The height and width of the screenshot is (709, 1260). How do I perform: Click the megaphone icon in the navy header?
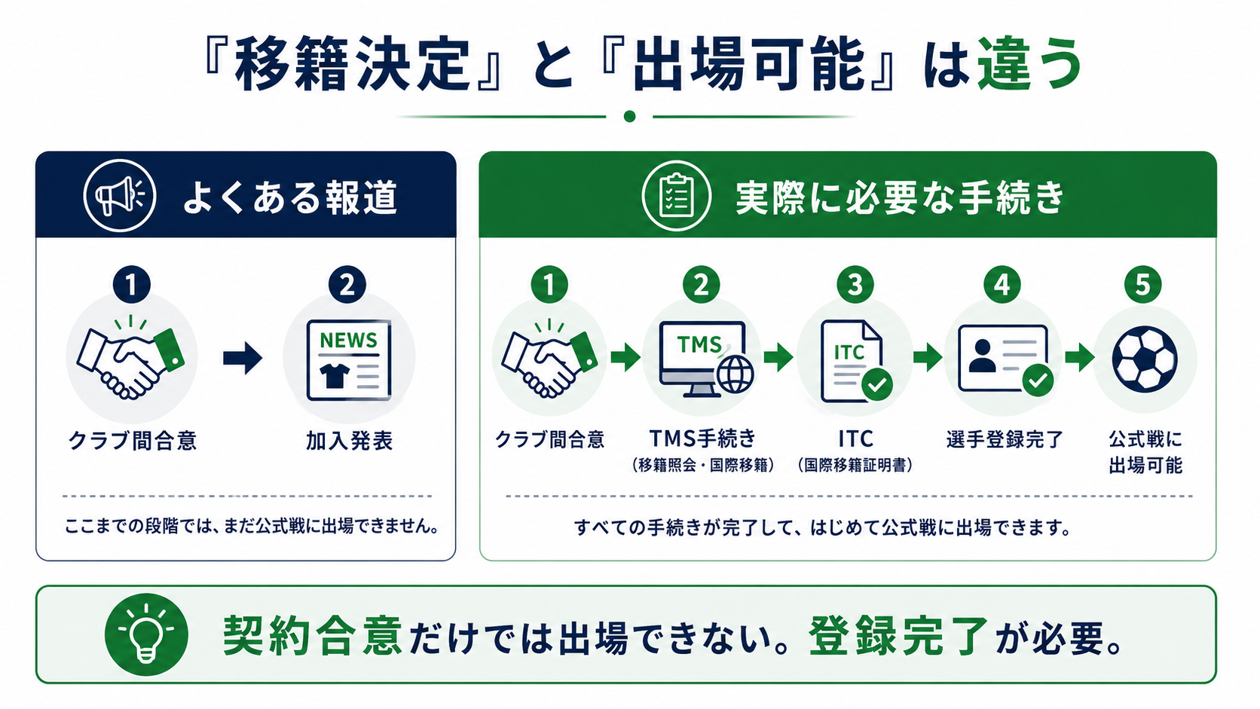[120, 196]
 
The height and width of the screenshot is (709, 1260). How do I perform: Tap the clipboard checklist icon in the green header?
[676, 196]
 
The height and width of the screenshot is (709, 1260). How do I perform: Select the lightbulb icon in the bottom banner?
[146, 634]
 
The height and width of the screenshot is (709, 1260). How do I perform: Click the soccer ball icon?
[1144, 359]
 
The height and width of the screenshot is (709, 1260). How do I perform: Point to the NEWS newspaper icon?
[349, 360]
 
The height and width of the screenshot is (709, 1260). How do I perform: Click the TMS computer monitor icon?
[707, 359]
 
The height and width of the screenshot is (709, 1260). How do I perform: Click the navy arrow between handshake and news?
[243, 358]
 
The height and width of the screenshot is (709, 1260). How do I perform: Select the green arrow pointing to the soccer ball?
[1079, 357]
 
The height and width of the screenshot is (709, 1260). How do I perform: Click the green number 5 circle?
[1142, 285]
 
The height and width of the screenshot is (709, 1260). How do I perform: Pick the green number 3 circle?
[855, 285]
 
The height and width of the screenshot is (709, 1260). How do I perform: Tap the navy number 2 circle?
[347, 285]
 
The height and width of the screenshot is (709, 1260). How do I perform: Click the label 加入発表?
[349, 441]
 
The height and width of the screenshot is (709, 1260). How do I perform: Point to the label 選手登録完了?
[1005, 439]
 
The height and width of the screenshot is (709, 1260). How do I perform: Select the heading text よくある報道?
[290, 197]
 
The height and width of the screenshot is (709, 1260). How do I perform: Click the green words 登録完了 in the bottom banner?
[898, 636]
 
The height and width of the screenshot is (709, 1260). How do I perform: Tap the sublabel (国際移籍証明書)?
[855, 465]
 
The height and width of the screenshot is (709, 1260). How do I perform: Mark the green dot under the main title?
[629, 116]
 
